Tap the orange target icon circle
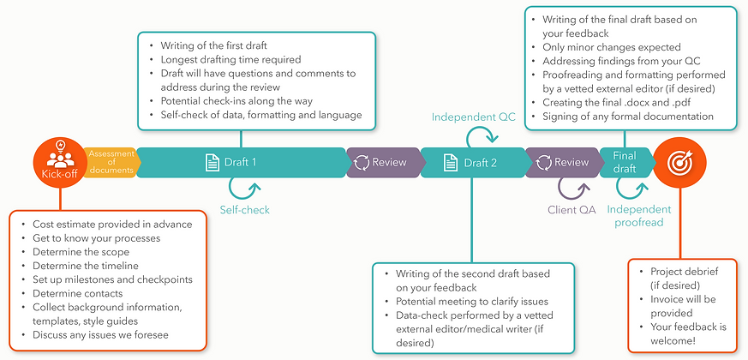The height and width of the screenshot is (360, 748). click(x=679, y=161)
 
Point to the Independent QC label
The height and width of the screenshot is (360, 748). click(x=473, y=117)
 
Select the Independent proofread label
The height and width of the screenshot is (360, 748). click(x=639, y=216)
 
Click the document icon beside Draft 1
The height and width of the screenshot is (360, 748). click(x=212, y=162)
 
